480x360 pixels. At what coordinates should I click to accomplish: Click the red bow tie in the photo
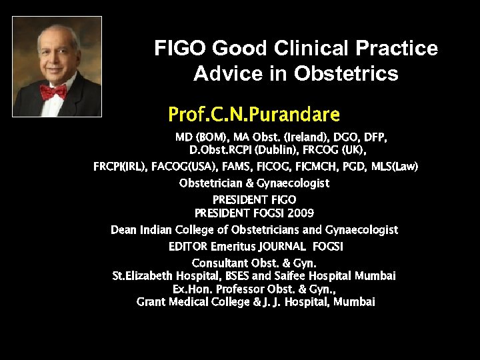pyautogui.click(x=53, y=91)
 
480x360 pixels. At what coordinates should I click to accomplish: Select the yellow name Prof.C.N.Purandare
pyautogui.click(x=254, y=114)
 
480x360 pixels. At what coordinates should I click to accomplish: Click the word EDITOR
pyautogui.click(x=187, y=247)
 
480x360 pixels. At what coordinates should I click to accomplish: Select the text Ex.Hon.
pyautogui.click(x=193, y=289)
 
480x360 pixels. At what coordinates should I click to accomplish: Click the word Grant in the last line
pyautogui.click(x=151, y=302)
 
